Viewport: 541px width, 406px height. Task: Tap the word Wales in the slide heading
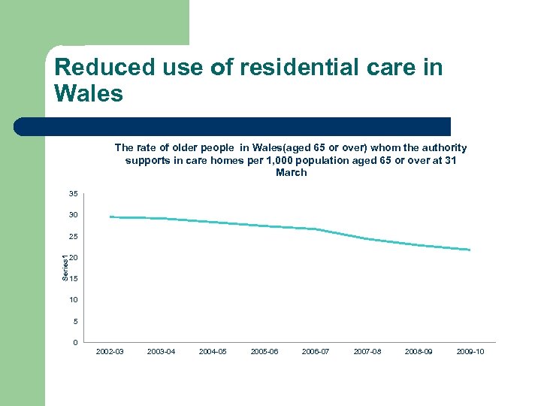click(89, 94)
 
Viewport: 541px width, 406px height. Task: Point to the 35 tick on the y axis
click(73, 194)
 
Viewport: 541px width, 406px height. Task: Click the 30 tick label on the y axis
click(73, 216)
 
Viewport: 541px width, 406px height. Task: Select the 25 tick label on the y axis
click(73, 237)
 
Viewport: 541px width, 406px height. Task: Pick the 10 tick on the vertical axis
click(73, 300)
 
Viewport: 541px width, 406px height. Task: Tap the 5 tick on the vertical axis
click(75, 322)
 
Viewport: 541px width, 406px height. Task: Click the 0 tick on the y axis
click(75, 343)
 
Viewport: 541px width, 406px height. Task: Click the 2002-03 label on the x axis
click(110, 352)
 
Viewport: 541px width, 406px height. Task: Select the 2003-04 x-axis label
click(162, 352)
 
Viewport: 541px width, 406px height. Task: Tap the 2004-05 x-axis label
click(213, 352)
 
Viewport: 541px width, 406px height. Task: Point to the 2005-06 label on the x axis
click(264, 352)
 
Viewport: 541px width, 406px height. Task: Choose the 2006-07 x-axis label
click(316, 352)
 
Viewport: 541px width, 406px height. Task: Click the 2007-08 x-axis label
click(367, 352)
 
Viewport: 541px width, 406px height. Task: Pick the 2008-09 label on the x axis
click(419, 352)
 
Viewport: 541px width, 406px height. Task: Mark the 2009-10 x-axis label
click(470, 352)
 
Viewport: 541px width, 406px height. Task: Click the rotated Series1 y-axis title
click(65, 268)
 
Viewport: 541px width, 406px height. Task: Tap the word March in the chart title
click(291, 173)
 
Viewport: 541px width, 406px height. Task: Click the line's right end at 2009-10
click(470, 250)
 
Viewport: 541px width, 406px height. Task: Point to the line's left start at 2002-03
click(110, 217)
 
